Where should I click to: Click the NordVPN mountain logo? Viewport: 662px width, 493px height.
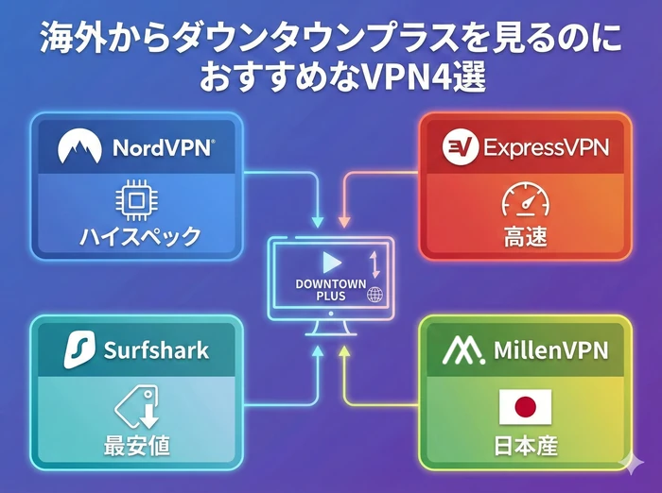[79, 147]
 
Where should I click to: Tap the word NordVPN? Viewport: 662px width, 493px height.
[163, 147]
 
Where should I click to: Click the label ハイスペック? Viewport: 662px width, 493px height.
[139, 236]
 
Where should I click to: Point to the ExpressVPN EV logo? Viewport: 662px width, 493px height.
[460, 147]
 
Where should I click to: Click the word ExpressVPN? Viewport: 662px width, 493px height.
[546, 147]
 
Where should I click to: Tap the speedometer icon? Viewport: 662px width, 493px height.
[525, 201]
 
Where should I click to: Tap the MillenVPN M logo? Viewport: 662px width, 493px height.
[463, 351]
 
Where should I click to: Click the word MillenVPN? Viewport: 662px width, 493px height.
[549, 351]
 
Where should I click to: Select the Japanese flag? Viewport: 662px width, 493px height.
[525, 407]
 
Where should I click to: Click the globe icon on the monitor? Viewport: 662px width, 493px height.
[375, 296]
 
